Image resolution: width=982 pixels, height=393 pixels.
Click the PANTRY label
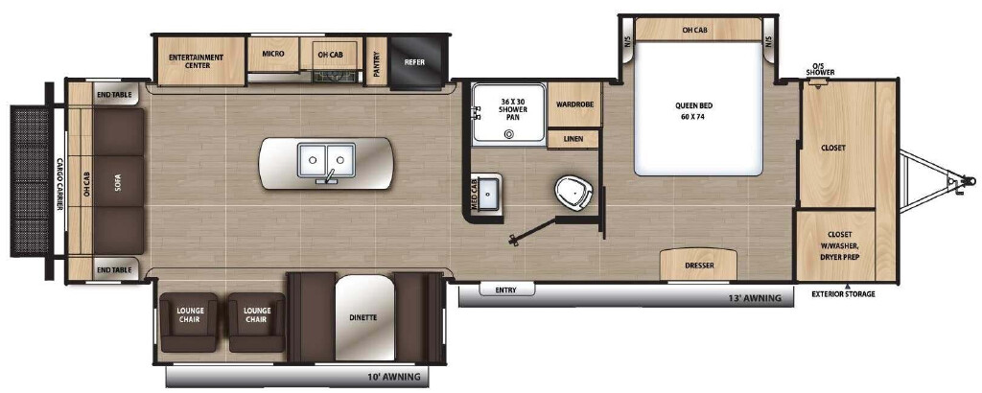[376, 61]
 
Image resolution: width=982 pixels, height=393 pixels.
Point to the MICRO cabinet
[273, 54]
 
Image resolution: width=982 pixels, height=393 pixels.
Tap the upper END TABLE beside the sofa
[115, 94]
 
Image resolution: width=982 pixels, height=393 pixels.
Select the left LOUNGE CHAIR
[190, 322]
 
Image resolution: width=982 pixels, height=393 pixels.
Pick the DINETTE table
[364, 318]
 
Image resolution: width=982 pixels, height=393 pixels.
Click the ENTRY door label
[506, 289]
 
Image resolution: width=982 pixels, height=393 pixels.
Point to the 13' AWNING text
[757, 297]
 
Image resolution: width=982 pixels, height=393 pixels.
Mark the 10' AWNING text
[395, 377]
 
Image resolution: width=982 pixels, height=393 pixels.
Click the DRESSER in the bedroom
[698, 265]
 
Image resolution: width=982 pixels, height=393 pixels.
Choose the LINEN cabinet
[573, 139]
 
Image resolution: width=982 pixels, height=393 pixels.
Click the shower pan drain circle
[509, 133]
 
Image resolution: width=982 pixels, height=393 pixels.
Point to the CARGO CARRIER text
[59, 183]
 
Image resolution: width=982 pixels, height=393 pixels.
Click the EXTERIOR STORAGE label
[843, 294]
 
